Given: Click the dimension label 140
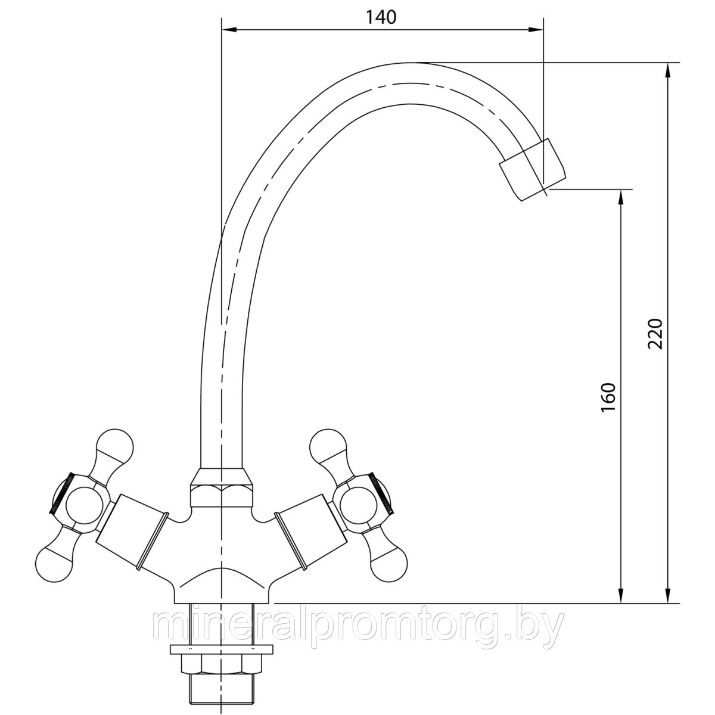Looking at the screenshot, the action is [x=381, y=17].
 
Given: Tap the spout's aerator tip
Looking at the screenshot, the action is [x=533, y=170].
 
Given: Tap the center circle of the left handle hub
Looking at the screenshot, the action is [x=84, y=505].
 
